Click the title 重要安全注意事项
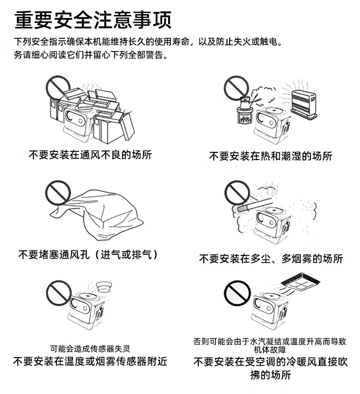click(x=93, y=20)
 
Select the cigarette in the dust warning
click(x=255, y=204)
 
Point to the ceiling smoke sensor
click(x=104, y=286)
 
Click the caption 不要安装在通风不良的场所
click(x=90, y=155)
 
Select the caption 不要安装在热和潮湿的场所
click(x=271, y=156)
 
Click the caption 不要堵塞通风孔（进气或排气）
click(x=88, y=255)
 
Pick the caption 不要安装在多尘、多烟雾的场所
click(x=271, y=259)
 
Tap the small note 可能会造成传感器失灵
click(x=90, y=349)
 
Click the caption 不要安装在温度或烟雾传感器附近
click(x=90, y=361)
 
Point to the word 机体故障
click(x=270, y=349)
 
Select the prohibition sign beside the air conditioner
click(x=237, y=293)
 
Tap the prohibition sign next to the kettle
click(x=236, y=88)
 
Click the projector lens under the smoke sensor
click(x=75, y=304)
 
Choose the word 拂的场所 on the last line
click(x=271, y=375)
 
